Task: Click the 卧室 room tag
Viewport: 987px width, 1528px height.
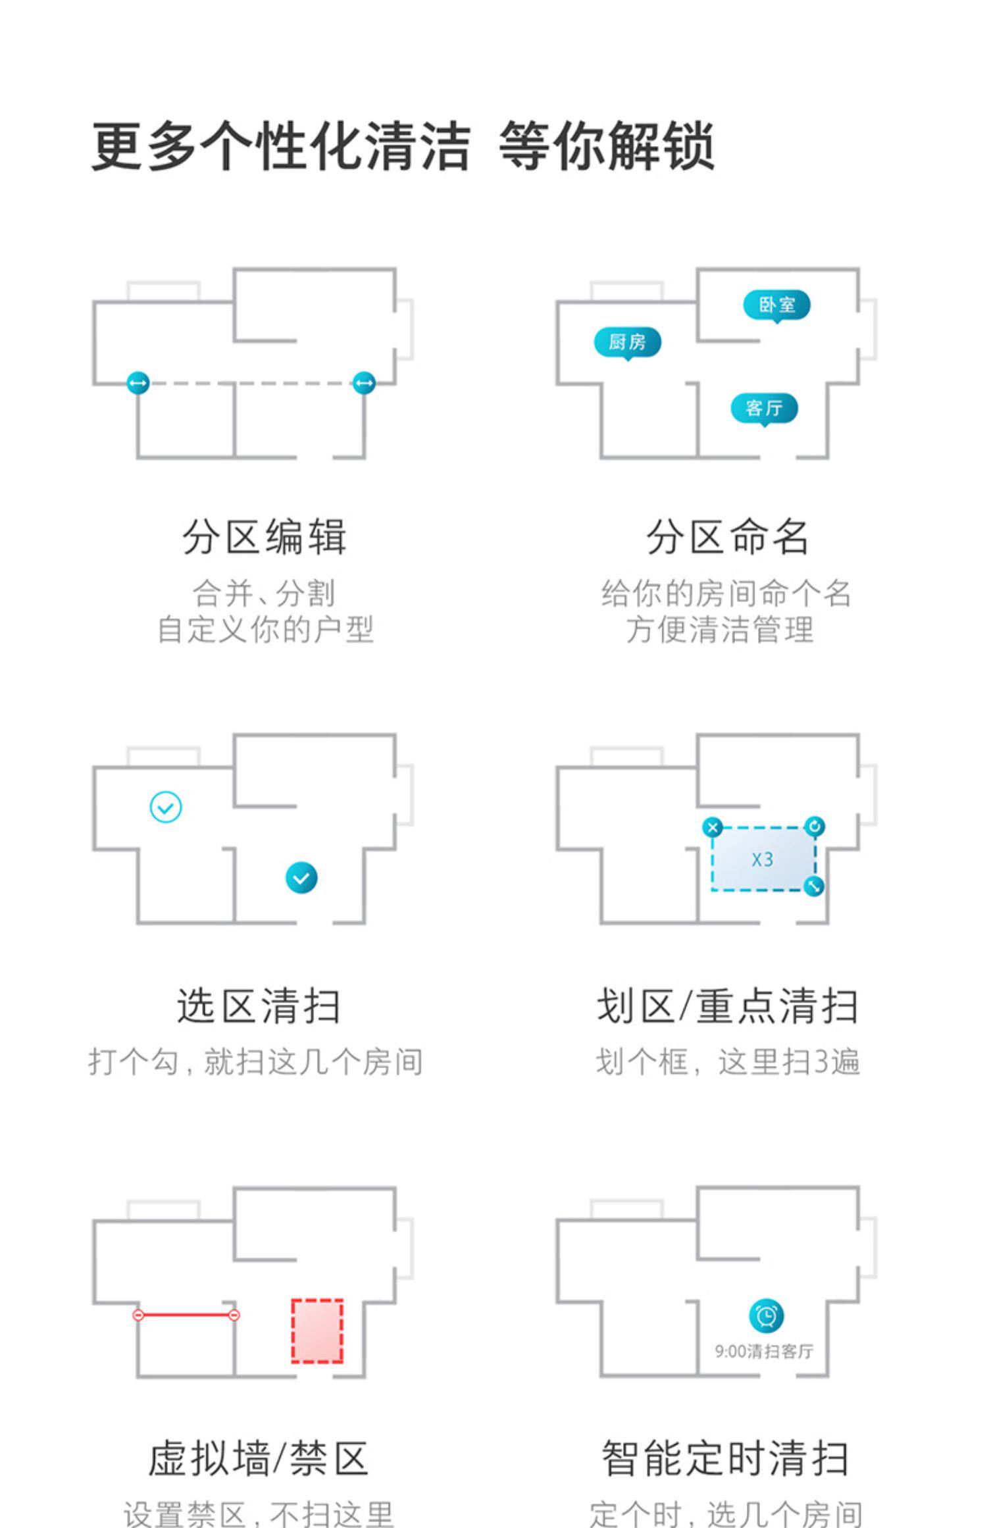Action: click(x=776, y=305)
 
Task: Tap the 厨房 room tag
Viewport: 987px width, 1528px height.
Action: click(x=627, y=342)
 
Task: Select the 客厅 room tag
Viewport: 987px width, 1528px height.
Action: click(x=764, y=408)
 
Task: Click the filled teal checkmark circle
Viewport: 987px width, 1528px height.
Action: click(x=301, y=878)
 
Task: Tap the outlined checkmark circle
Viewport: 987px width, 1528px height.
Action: click(x=166, y=807)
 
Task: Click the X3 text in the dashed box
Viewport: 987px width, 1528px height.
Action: click(x=762, y=859)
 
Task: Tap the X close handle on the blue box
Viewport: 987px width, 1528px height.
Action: click(x=712, y=827)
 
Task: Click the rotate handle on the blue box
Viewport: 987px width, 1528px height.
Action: click(x=815, y=827)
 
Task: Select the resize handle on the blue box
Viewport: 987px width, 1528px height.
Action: click(x=815, y=886)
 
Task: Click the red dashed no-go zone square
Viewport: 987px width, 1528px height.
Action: click(x=317, y=1331)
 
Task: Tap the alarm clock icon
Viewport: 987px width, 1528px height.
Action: click(x=767, y=1316)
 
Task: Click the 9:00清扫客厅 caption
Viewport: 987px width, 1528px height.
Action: click(x=764, y=1352)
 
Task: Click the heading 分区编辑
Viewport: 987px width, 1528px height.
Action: click(x=265, y=537)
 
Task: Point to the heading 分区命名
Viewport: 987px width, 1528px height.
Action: click(x=727, y=537)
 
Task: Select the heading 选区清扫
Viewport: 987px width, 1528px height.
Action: click(x=259, y=1006)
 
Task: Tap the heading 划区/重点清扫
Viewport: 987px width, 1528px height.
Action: click(x=727, y=1006)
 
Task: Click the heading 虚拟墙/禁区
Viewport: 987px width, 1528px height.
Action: click(x=259, y=1458)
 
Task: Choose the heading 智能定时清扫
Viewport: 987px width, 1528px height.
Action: click(x=726, y=1458)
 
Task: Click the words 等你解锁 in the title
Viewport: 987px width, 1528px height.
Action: click(x=606, y=146)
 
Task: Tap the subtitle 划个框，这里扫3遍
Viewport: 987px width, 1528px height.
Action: click(x=727, y=1061)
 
